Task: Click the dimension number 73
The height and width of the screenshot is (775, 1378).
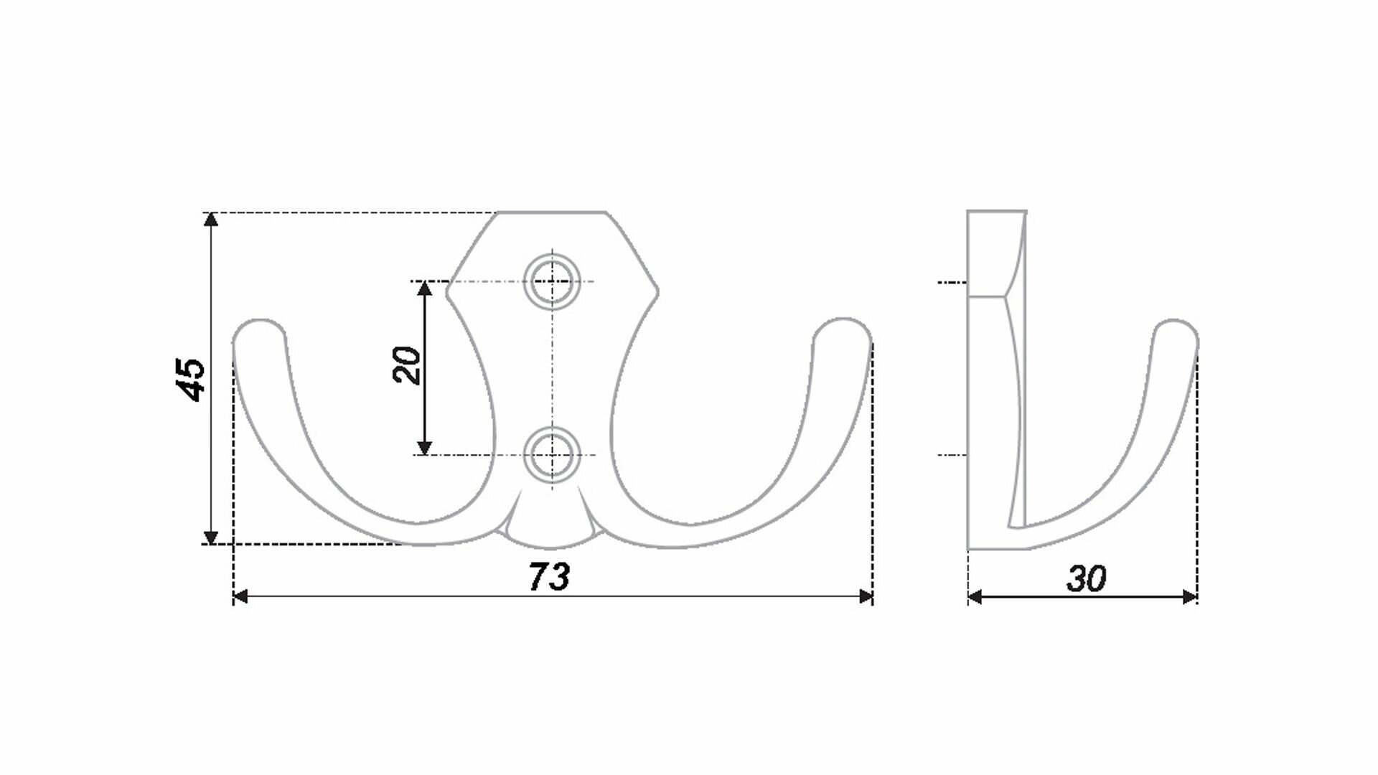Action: click(x=550, y=576)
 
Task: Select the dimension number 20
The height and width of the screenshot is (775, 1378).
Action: click(x=408, y=365)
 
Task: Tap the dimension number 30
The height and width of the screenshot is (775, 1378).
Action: click(x=1086, y=579)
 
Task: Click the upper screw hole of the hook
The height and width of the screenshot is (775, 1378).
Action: click(x=551, y=281)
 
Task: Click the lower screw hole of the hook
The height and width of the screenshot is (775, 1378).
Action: click(x=551, y=455)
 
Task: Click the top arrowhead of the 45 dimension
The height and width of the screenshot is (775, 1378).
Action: click(x=210, y=220)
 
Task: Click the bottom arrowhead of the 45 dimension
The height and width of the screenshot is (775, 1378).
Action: click(x=210, y=537)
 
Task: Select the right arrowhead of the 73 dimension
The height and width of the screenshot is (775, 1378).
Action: click(x=866, y=596)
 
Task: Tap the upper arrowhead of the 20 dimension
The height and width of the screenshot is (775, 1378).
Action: click(x=425, y=288)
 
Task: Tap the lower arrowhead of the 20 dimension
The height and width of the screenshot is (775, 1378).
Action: click(x=425, y=448)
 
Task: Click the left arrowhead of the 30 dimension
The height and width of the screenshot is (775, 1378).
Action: click(x=975, y=596)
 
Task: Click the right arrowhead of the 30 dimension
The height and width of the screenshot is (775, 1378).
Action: click(x=1191, y=596)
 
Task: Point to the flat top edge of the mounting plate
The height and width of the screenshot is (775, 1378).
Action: click(x=551, y=213)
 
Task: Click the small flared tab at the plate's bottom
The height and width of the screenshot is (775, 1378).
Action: click(x=551, y=527)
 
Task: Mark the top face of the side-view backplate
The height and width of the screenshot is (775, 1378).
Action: click(x=996, y=212)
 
